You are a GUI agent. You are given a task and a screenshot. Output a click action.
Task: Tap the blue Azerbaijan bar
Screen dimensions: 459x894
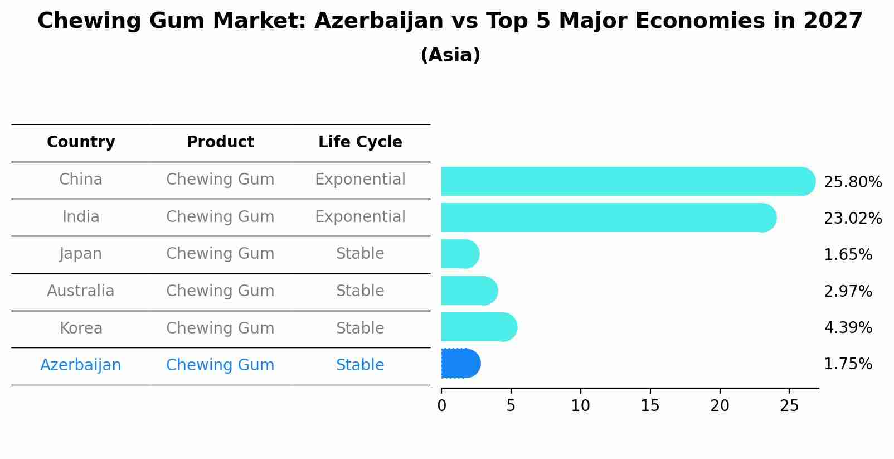tap(460, 364)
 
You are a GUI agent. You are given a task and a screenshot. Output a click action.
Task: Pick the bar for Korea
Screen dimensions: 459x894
tap(478, 327)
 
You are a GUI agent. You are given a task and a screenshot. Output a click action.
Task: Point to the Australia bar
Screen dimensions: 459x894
tap(469, 291)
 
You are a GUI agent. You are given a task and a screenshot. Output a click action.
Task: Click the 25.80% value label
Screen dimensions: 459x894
tap(852, 182)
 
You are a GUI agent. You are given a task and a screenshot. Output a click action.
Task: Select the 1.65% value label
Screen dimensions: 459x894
tap(847, 255)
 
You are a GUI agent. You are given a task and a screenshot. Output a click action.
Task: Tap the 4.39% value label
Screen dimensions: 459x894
tap(847, 327)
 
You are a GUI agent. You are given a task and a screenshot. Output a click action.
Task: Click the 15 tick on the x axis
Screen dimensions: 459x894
tap(650, 406)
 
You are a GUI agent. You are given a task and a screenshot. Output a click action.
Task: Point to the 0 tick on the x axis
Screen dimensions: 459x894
tap(441, 406)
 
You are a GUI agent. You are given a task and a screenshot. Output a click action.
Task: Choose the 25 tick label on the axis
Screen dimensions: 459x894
tap(789, 406)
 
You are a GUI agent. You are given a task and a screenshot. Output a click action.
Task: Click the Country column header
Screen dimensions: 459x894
tap(81, 142)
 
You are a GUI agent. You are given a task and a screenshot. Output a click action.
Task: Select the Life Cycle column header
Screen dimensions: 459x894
tap(360, 142)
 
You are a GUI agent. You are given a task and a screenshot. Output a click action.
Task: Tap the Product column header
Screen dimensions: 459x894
tap(220, 142)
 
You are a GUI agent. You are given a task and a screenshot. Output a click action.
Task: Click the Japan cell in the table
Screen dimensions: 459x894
tap(81, 254)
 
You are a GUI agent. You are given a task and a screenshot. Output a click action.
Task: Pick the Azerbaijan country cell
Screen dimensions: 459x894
tap(81, 365)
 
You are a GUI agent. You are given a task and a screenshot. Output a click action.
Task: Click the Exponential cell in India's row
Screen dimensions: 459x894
tap(360, 216)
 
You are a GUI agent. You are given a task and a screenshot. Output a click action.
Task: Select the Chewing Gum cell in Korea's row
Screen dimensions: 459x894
tap(220, 328)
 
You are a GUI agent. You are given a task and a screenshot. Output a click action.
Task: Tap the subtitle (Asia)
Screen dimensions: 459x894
tap(450, 55)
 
